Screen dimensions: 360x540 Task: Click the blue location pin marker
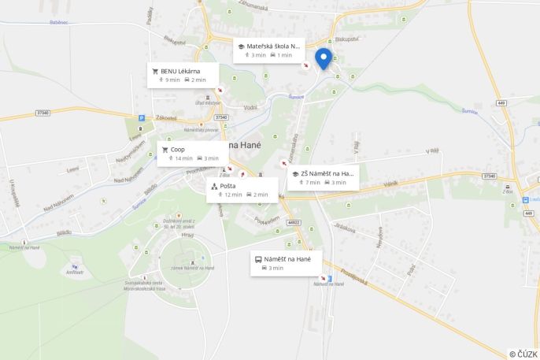pyautogui.click(x=323, y=58)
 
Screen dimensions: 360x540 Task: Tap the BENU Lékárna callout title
pyautogui.click(x=179, y=71)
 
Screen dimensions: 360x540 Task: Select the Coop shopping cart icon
pyautogui.click(x=165, y=149)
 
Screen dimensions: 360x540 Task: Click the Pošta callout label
pyautogui.click(x=227, y=186)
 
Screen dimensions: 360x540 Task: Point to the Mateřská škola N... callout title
pyautogui.click(x=273, y=46)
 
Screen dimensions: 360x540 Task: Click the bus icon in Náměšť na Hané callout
pyautogui.click(x=257, y=258)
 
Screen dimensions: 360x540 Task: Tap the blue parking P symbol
pyautogui.click(x=142, y=118)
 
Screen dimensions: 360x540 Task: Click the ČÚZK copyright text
pyautogui.click(x=523, y=354)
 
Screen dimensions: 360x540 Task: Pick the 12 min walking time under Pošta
pyautogui.click(x=231, y=195)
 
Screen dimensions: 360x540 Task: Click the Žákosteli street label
pyautogui.click(x=167, y=117)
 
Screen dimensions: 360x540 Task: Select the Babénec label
pyautogui.click(x=58, y=22)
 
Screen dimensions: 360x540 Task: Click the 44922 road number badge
pyautogui.click(x=294, y=222)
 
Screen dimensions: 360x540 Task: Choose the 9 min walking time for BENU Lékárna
pyautogui.click(x=172, y=80)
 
